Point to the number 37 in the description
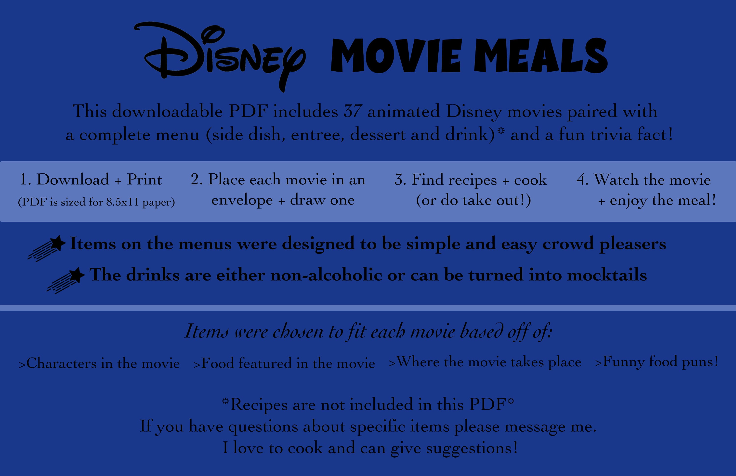352,111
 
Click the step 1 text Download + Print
90,180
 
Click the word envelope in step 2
242,200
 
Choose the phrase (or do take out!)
473,200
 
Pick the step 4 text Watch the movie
644,180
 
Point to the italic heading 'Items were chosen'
368,332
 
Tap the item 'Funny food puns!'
656,362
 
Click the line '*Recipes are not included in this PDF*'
368,405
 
